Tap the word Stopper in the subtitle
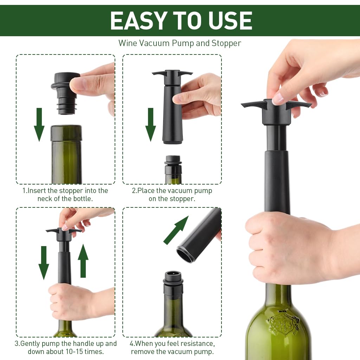tap(226, 43)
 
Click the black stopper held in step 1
tap(65, 93)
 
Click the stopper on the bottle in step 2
tap(173, 163)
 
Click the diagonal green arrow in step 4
tap(176, 230)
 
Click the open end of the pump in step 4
tap(186, 254)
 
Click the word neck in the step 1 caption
tap(45, 199)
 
